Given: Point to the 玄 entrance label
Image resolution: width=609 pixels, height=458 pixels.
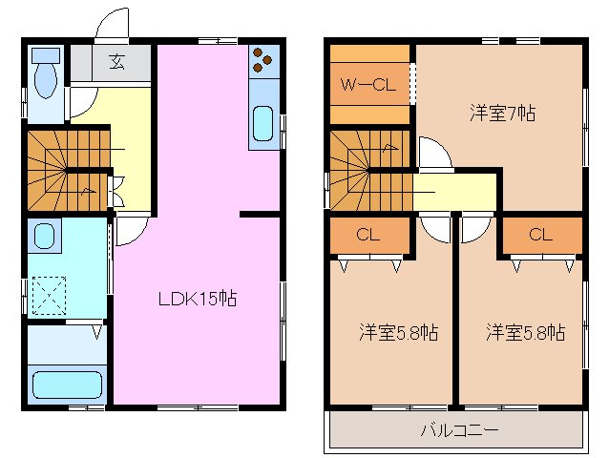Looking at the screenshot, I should tap(116, 63).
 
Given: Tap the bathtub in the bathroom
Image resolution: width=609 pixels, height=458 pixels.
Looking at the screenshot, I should tap(67, 385).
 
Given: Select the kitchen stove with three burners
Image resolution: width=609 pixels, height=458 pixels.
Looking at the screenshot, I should tap(262, 63).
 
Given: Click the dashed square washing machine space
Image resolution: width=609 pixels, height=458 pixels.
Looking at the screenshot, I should tap(49, 294).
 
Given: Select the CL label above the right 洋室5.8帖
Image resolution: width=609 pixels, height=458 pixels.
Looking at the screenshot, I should tap(540, 234).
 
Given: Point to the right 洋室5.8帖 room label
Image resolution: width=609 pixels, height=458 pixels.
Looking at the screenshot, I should tap(524, 333).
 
